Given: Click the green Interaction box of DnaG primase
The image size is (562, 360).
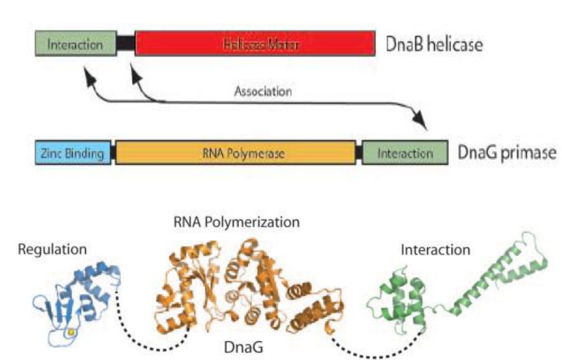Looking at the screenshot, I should (x=405, y=153).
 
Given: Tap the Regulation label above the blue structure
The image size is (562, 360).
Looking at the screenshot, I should (x=53, y=250).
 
